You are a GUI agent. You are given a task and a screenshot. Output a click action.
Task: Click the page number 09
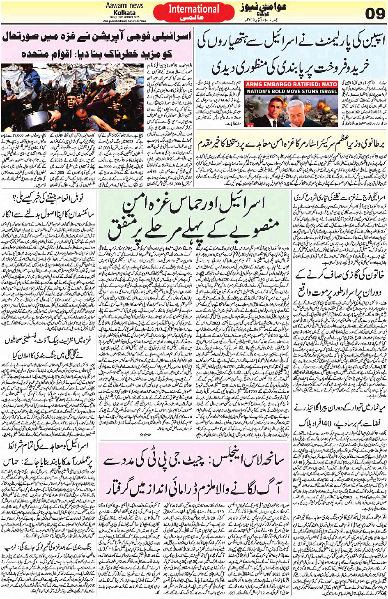click(x=374, y=14)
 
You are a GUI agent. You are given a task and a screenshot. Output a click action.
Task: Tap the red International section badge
click(x=194, y=13)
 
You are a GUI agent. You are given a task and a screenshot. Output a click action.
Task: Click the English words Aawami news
click(x=124, y=5)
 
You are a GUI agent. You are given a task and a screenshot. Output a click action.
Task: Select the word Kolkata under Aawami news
click(x=125, y=12)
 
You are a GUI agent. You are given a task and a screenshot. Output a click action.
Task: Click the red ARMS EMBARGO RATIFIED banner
click(x=292, y=84)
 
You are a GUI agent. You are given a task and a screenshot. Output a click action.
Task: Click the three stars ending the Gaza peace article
click(x=145, y=434)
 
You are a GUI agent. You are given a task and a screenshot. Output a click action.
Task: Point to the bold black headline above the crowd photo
click(x=96, y=45)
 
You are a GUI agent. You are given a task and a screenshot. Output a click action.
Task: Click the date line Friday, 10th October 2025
click(x=124, y=17)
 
